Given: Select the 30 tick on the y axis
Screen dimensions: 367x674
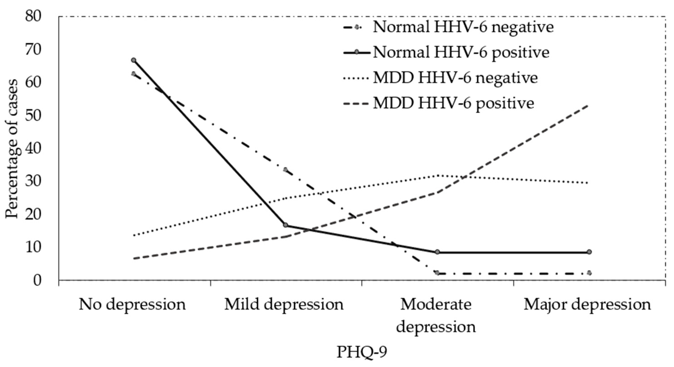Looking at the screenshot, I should click(33, 182).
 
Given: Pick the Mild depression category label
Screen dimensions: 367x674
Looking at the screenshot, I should click(284, 304).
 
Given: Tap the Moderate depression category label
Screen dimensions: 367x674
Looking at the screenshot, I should click(436, 315).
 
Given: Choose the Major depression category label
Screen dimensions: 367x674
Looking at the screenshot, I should click(587, 304).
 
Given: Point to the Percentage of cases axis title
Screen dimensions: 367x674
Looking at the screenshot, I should click(12, 149).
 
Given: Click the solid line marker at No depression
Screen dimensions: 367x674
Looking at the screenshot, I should click(134, 60).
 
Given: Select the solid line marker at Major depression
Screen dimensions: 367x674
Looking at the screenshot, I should click(589, 252).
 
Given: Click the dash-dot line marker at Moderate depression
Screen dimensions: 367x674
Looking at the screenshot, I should click(437, 273).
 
